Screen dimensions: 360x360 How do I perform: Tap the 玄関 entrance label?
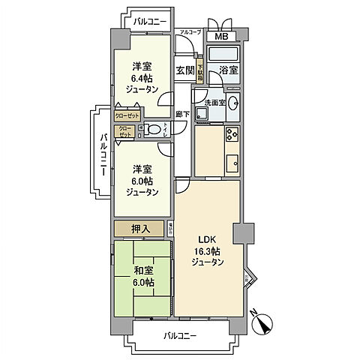[185, 70]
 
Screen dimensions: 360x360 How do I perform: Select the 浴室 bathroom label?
[228, 71]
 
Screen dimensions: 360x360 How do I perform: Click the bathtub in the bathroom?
[222, 54]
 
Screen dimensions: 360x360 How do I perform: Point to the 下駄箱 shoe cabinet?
[200, 71]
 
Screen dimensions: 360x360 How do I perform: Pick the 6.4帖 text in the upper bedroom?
[141, 77]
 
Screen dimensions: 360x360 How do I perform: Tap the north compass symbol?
[262, 325]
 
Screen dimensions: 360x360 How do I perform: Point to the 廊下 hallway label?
[182, 114]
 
